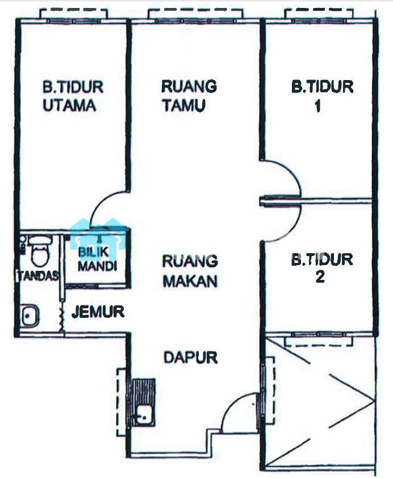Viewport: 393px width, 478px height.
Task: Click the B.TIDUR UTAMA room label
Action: pos(73,96)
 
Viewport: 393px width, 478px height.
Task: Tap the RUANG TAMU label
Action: pos(189,96)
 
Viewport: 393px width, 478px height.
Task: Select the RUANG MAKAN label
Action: pos(190,271)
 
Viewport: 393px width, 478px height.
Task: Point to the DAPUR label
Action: pos(191,357)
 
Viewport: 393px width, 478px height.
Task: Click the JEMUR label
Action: pos(98,312)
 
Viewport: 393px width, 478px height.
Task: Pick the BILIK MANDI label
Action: pos(97,259)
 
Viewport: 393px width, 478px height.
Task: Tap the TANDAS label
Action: pos(38,276)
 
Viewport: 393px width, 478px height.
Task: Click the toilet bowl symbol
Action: pos(40,250)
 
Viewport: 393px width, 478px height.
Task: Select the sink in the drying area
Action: pos(30,316)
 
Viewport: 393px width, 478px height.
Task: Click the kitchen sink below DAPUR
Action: pos(144,416)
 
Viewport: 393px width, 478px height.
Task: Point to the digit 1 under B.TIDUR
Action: pos(317,106)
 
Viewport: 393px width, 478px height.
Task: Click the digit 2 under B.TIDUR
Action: pos(320,277)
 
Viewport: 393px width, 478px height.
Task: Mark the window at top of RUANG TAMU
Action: pos(195,21)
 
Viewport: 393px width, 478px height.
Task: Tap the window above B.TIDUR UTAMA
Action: pos(74,21)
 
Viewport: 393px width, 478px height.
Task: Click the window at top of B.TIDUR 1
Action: pos(319,21)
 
